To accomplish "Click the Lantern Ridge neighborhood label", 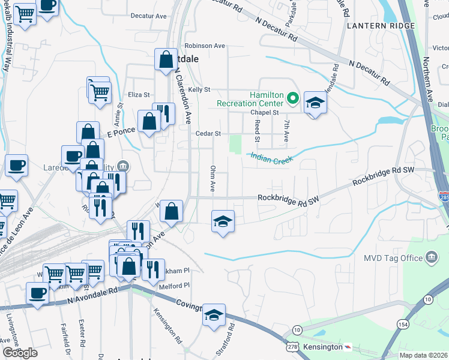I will (x=381, y=26).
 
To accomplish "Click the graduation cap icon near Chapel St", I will (x=315, y=103).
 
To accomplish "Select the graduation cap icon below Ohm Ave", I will (x=223, y=222).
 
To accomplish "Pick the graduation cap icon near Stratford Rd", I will (x=214, y=316).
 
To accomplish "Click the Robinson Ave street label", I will (x=205, y=46).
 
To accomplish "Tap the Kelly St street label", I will (x=199, y=89).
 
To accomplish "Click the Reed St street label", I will (x=257, y=130).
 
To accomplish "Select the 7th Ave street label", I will (x=286, y=130).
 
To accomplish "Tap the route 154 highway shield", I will (x=402, y=341).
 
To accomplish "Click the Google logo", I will (x=20, y=353).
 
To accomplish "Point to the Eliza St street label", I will (x=139, y=95).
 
